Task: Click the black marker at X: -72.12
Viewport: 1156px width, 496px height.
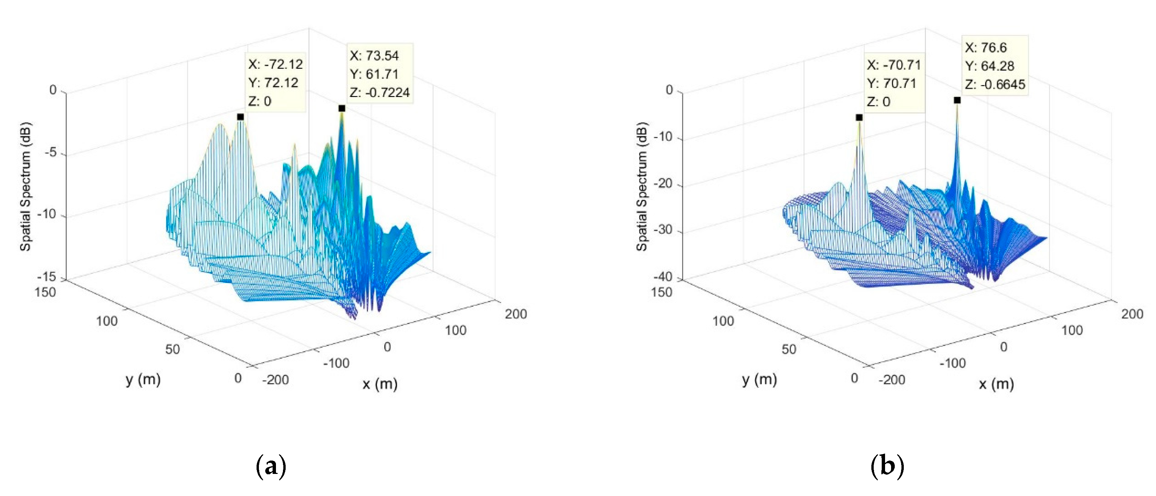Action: click(x=240, y=117)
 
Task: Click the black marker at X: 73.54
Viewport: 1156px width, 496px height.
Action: click(x=342, y=108)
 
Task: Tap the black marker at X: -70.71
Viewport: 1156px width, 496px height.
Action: click(x=859, y=118)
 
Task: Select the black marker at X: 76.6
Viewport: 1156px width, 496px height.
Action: click(x=957, y=100)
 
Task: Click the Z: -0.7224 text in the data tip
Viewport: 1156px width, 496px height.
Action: click(x=380, y=92)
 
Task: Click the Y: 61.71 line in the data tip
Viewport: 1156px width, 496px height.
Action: click(x=374, y=74)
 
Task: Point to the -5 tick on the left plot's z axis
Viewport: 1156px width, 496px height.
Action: click(x=51, y=153)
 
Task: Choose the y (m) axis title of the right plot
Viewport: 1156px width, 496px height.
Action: click(x=759, y=379)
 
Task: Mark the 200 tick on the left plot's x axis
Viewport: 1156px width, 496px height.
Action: click(x=516, y=314)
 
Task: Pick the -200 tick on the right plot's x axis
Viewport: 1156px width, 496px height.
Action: click(x=891, y=380)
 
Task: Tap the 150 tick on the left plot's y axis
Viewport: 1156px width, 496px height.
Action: click(x=45, y=292)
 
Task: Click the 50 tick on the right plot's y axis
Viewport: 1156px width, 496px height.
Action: click(x=788, y=349)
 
